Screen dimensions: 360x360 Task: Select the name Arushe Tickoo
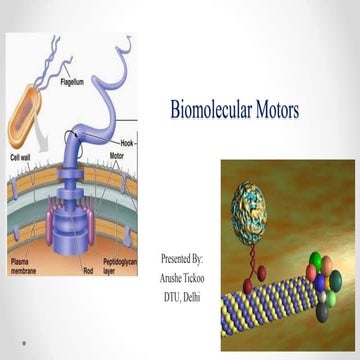point(184,277)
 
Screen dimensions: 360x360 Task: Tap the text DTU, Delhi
point(184,295)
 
